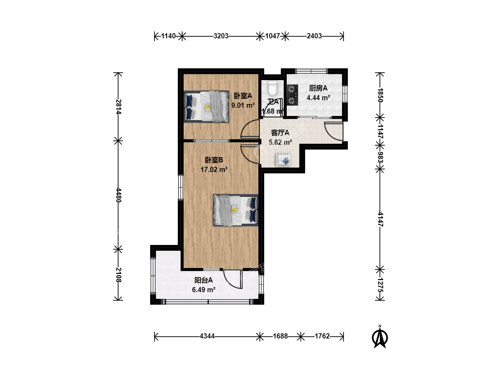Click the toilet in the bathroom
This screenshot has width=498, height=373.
[272, 88]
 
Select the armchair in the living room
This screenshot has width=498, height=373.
[283, 160]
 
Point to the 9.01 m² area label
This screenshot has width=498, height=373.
[243, 105]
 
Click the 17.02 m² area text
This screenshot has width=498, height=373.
[214, 169]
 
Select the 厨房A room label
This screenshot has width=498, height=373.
[318, 88]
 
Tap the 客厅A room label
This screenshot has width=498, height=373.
[280, 133]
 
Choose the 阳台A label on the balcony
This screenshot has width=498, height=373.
[203, 280]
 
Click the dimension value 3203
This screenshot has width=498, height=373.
[221, 36]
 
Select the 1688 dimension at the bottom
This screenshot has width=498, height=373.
[280, 336]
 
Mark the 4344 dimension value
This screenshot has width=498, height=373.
[207, 336]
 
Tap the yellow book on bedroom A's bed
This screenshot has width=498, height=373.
[207, 107]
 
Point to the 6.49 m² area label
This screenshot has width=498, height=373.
[203, 290]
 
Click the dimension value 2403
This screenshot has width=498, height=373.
[314, 36]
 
